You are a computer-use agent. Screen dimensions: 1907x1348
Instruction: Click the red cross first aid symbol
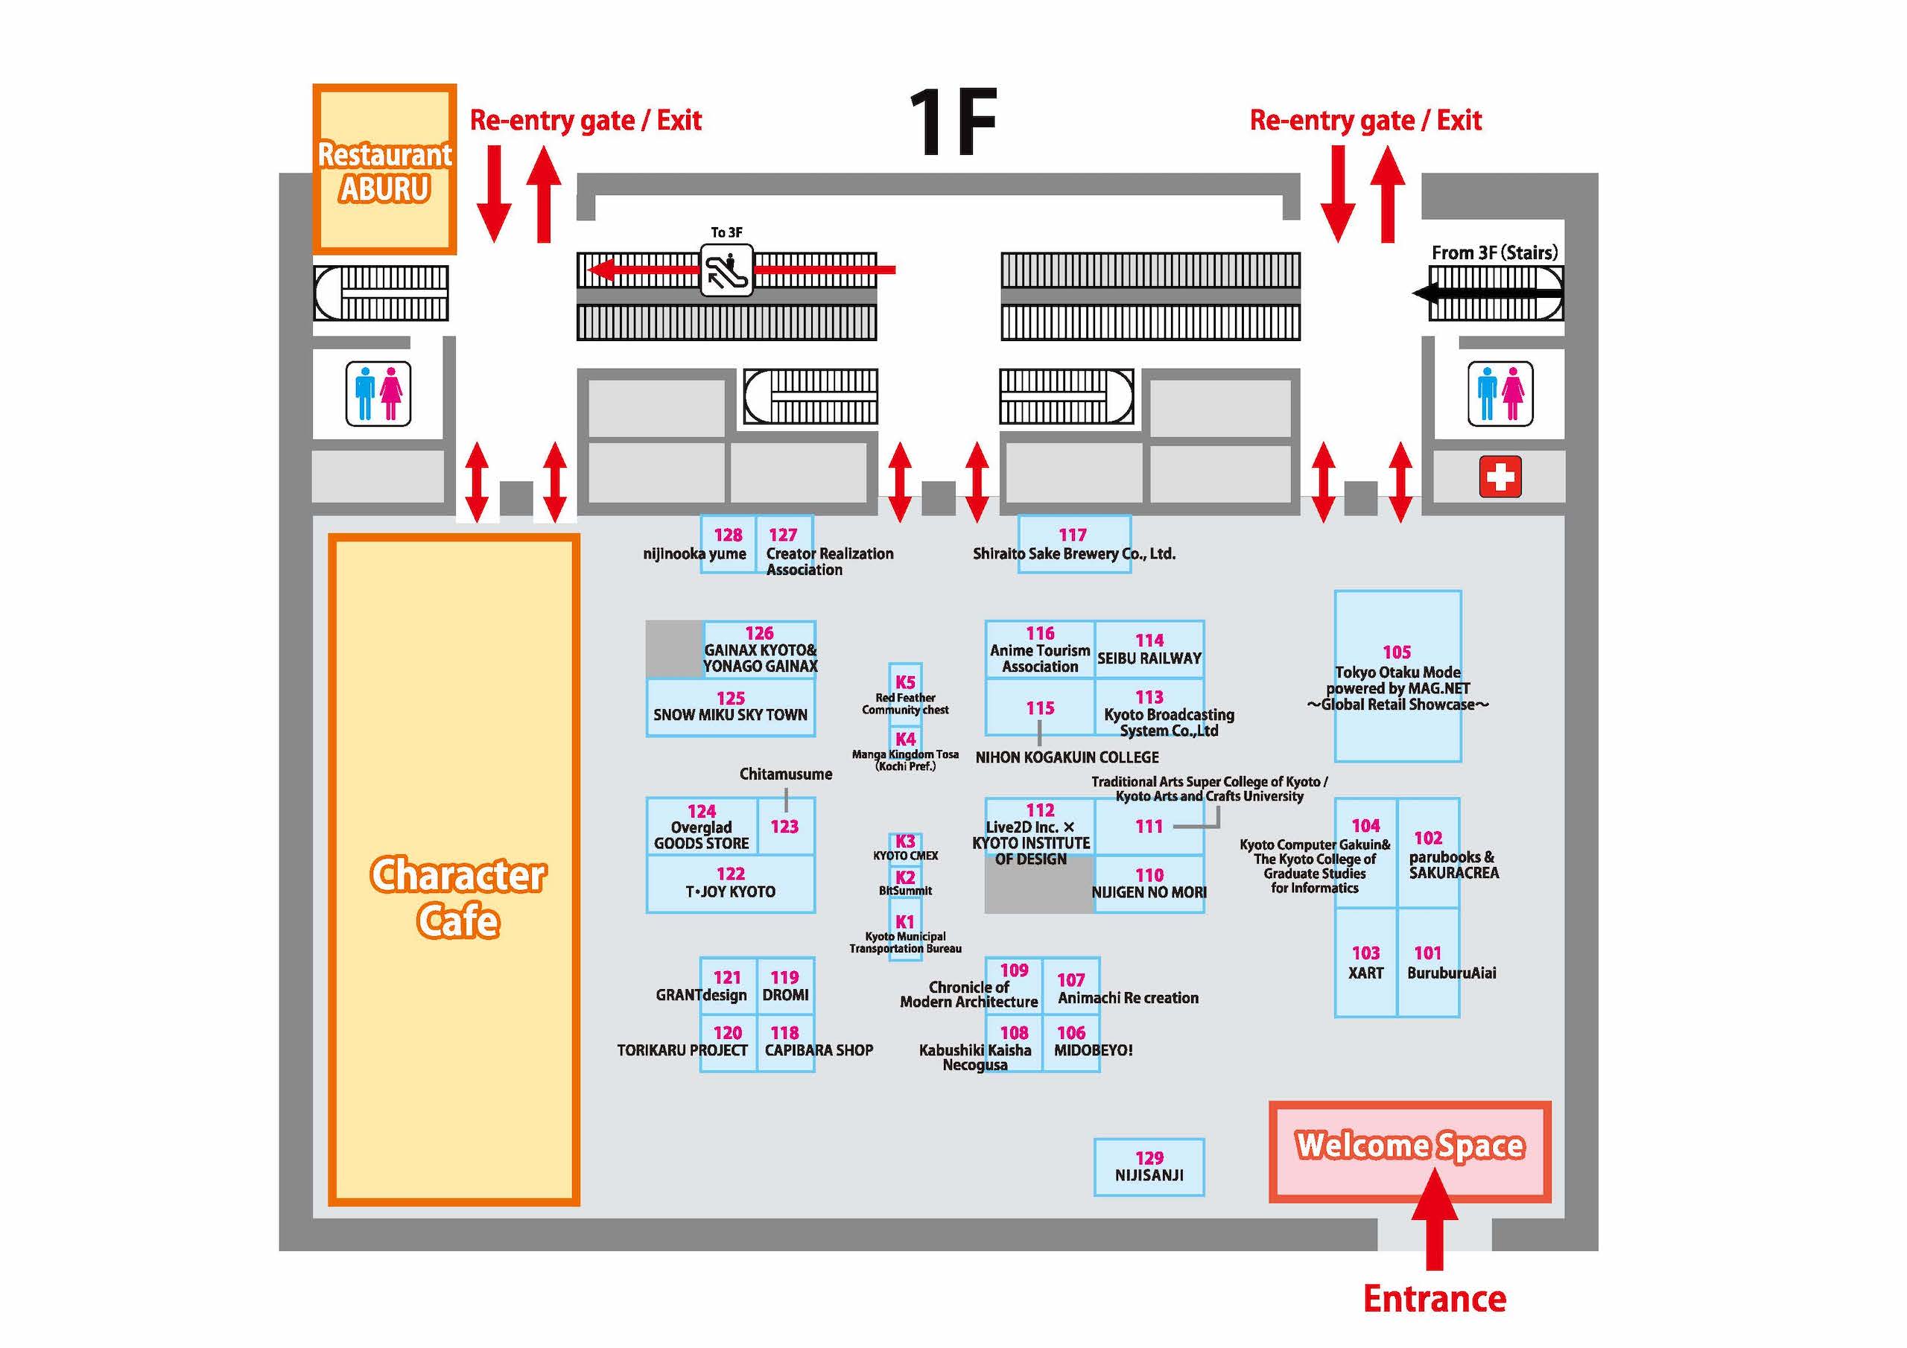[x=1500, y=477]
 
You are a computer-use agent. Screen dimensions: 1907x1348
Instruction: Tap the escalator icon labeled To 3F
[x=726, y=270]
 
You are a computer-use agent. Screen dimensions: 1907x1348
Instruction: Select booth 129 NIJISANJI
[x=1149, y=1167]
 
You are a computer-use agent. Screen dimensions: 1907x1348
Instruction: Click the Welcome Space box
[x=1409, y=1152]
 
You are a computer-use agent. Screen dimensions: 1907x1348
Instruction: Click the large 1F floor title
[x=953, y=122]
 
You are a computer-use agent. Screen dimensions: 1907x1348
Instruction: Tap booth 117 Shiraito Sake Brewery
[x=1074, y=544]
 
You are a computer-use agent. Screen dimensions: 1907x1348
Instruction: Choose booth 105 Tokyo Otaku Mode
[x=1398, y=676]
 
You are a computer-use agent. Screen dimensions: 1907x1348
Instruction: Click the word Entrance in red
[x=1435, y=1299]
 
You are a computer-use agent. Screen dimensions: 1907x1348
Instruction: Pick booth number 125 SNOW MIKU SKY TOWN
[x=731, y=708]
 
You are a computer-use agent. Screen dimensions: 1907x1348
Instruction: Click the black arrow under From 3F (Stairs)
[x=1487, y=293]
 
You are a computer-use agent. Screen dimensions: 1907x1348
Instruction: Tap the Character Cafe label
[x=457, y=897]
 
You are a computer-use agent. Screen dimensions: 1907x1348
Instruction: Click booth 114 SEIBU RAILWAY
[x=1149, y=649]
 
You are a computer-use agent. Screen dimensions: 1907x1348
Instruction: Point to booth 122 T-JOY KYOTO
[x=731, y=884]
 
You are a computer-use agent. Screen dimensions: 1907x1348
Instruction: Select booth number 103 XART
[x=1366, y=963]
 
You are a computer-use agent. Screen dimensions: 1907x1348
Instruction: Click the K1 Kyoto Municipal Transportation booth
[x=905, y=934]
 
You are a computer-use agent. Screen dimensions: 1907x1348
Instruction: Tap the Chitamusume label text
[x=786, y=774]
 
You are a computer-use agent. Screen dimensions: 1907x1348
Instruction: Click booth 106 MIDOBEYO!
[x=1071, y=1043]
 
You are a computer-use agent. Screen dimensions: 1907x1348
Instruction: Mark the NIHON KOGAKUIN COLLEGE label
[x=1067, y=757]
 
